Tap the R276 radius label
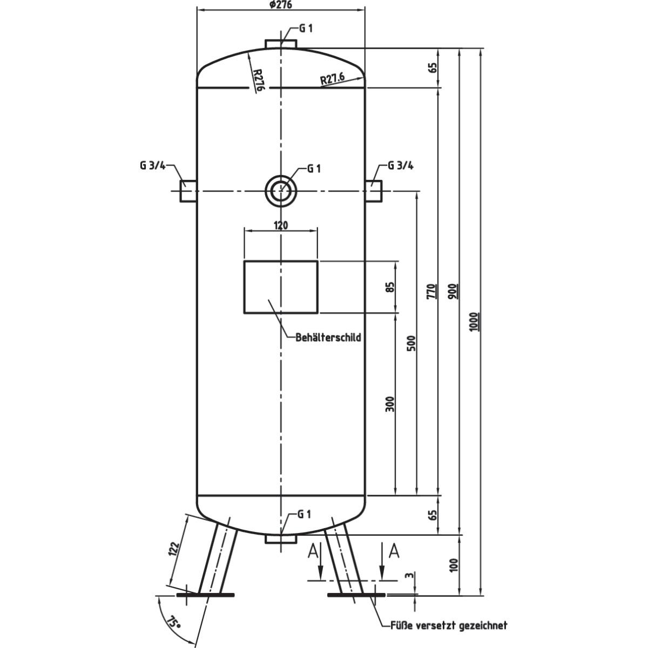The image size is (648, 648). [258, 79]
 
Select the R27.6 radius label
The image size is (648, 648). [332, 79]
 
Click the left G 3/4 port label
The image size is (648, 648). [153, 166]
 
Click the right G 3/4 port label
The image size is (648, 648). [401, 166]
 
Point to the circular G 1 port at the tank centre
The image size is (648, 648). [280, 191]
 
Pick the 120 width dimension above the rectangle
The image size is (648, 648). [280, 225]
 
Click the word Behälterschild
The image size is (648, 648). [328, 337]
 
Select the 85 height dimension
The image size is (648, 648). [390, 287]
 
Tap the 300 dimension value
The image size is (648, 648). [390, 404]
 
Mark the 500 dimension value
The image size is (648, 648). [411, 343]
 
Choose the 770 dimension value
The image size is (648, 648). [431, 292]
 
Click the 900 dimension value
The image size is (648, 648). [453, 292]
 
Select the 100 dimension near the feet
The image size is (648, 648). [453, 565]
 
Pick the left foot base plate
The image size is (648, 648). [205, 595]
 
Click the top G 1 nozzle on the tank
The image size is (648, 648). [280, 44]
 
